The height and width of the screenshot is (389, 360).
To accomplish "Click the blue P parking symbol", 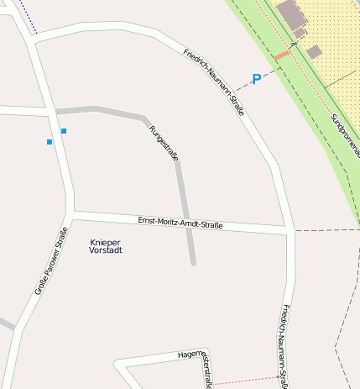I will pyautogui.click(x=257, y=79).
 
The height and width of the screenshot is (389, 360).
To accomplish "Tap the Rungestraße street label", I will pyautogui.click(x=163, y=143).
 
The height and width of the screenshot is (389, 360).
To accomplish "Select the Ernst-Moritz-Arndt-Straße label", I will pyautogui.click(x=180, y=223).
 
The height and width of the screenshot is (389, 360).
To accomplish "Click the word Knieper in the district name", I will pyautogui.click(x=105, y=242).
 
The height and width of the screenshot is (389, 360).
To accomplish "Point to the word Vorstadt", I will pyautogui.click(x=105, y=250).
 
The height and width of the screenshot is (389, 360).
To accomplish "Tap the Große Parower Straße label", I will pyautogui.click(x=51, y=267).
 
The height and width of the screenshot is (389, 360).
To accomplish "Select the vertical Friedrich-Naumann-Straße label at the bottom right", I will pyautogui.click(x=285, y=344).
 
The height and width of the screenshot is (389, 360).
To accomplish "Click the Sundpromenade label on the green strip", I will pyautogui.click(x=344, y=130).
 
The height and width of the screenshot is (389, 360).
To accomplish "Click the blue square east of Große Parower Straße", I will pyautogui.click(x=64, y=131).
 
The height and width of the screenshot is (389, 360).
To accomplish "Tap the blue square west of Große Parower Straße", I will pyautogui.click(x=50, y=142).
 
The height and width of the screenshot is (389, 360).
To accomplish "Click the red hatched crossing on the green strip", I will pyautogui.click(x=282, y=55).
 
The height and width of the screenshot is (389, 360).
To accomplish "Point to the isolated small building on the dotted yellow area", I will pyautogui.click(x=314, y=52).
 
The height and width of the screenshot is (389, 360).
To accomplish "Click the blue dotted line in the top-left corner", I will pyautogui.click(x=28, y=17).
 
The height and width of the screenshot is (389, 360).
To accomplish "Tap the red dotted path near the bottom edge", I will pyautogui.click(x=243, y=381).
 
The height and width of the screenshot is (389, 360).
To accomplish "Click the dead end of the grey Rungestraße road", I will pyautogui.click(x=193, y=263).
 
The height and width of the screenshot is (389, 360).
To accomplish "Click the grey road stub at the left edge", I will pyautogui.click(x=5, y=323).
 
